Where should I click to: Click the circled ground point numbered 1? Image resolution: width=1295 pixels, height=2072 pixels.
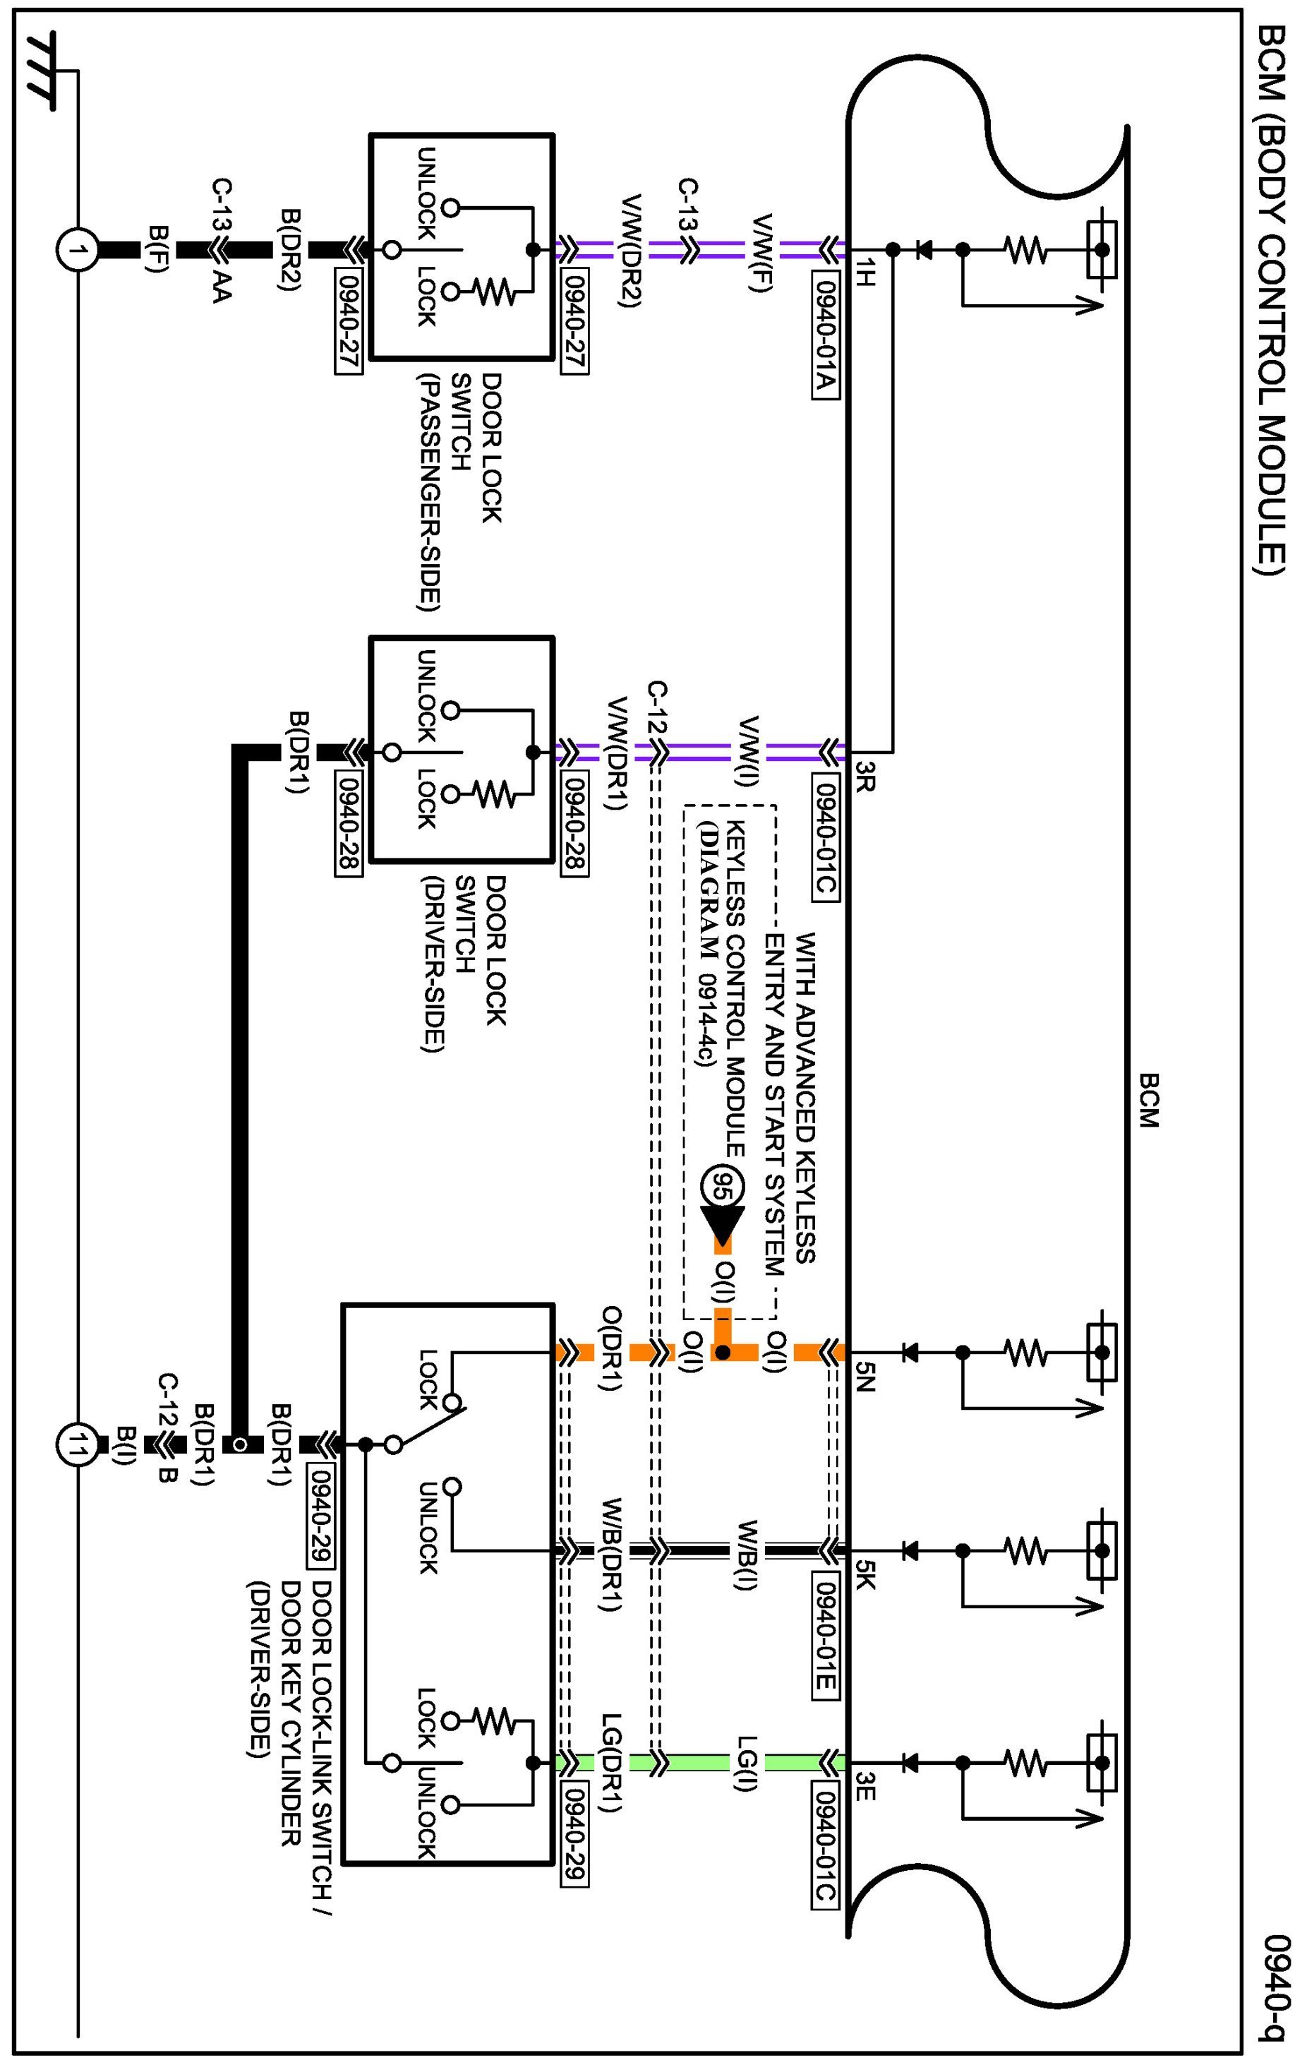78,250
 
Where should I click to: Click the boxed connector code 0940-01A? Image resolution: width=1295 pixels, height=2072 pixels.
824,336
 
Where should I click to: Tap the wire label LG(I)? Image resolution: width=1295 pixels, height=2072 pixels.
747,1763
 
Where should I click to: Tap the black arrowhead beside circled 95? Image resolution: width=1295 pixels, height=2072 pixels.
722,1225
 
